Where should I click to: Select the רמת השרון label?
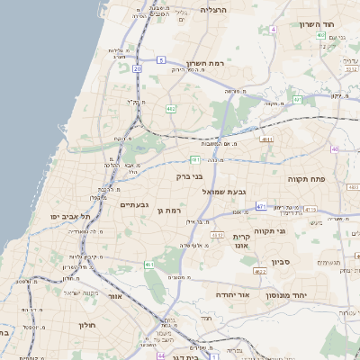click(x=204, y=63)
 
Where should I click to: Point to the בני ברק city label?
click(x=179, y=177)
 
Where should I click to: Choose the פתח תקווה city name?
click(x=305, y=178)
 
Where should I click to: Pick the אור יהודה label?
click(x=232, y=293)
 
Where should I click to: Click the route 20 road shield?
click(x=137, y=67)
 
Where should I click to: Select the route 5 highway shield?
click(x=160, y=59)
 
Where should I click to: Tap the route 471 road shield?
click(x=260, y=206)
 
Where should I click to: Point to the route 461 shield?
click(x=148, y=265)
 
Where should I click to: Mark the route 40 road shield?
click(x=335, y=148)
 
